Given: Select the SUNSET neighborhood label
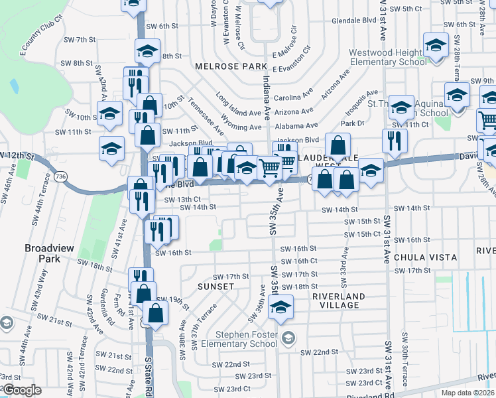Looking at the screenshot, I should (x=216, y=287).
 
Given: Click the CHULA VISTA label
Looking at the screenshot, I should (x=426, y=257).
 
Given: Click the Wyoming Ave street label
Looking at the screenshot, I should (x=240, y=127).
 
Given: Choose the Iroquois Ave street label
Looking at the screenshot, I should (x=361, y=100).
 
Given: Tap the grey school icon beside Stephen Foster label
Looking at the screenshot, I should (x=287, y=338).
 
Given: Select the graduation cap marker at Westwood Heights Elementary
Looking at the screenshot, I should (x=436, y=46).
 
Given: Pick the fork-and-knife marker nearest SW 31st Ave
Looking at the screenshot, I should (x=394, y=141).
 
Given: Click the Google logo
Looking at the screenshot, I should (x=22, y=390).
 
